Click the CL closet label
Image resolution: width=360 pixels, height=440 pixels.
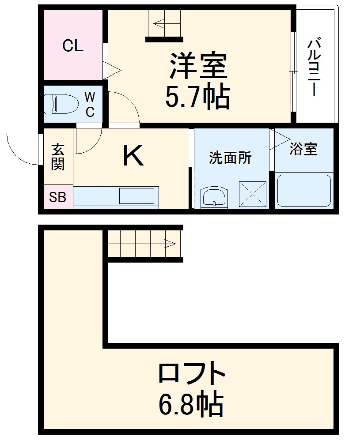[x=73, y=45]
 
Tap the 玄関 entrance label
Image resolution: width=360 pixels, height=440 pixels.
[x=58, y=157]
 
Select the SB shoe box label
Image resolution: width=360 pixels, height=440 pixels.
[x=57, y=197]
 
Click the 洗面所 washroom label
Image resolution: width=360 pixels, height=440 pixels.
[x=230, y=158]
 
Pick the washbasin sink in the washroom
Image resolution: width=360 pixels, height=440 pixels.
[x=214, y=197]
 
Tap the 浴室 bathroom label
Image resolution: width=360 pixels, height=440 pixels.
[x=303, y=149]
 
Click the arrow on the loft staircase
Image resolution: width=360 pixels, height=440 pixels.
[x=170, y=242]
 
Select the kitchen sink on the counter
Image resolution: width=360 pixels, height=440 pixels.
[x=136, y=195]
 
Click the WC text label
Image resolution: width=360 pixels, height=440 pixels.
[x=90, y=104]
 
